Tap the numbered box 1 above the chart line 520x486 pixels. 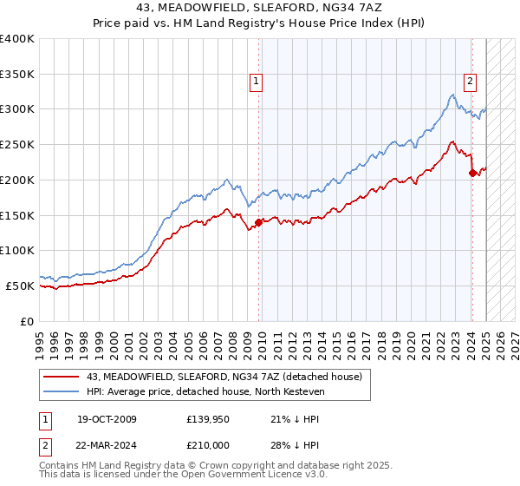[x=257, y=82]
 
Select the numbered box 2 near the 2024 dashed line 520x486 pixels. [x=470, y=82]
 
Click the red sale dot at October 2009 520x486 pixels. [x=258, y=222]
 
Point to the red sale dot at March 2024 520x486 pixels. [x=472, y=173]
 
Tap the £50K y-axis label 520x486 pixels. [x=20, y=286]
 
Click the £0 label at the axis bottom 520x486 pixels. [x=27, y=321]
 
